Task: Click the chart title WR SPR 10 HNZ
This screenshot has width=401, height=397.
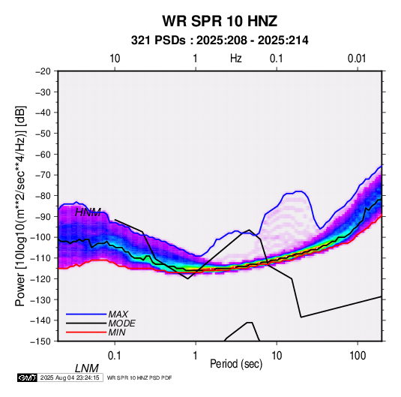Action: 220,21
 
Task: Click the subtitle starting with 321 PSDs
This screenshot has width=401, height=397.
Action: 220,41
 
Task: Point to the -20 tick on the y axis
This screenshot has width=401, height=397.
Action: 43,71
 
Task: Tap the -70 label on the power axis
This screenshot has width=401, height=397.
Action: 43,175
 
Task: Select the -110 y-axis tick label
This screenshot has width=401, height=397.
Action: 40,258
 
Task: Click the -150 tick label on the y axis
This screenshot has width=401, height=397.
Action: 40,341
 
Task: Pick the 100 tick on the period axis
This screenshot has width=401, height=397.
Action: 358,356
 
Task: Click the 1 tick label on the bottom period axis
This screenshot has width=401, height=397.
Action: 196,356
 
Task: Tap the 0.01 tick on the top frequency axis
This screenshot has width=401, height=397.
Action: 357,59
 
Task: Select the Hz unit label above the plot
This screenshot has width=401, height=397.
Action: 236,59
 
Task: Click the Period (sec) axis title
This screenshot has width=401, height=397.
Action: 236,364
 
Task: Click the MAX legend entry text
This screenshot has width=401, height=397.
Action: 118,314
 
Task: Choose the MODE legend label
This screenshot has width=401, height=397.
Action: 121,323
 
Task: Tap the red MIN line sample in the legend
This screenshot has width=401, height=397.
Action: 86,332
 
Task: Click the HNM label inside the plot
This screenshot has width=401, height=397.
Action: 88,212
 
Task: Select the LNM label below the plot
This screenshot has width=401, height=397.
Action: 87,368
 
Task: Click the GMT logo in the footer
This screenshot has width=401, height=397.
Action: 28,377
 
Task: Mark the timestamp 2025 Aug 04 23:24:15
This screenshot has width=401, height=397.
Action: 70,377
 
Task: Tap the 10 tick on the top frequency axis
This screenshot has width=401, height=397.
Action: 115,59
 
